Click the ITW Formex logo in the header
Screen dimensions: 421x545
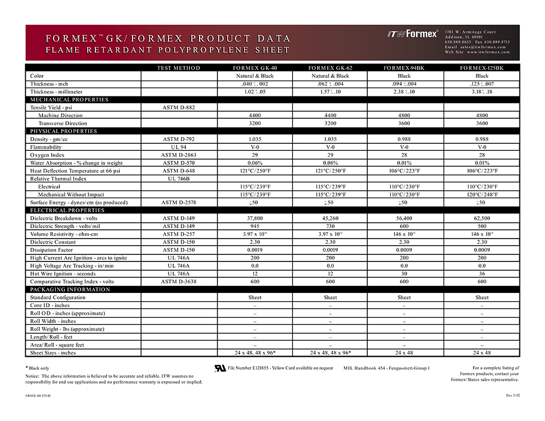point(413,34)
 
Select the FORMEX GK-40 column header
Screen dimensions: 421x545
point(255,68)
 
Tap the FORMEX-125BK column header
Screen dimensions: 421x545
point(482,68)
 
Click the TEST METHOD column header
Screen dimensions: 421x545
point(178,68)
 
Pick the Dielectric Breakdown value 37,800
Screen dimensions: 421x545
point(255,218)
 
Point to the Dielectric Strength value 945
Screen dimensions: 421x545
point(255,226)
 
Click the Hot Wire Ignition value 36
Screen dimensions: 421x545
point(482,274)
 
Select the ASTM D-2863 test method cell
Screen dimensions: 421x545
point(178,155)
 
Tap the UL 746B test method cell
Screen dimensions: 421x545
point(178,179)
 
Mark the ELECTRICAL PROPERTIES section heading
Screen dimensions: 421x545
point(63,210)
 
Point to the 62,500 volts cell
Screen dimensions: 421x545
point(482,218)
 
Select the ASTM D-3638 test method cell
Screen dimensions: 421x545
point(178,282)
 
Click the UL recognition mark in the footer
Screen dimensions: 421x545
point(220,368)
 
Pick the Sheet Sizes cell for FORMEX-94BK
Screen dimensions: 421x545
point(404,353)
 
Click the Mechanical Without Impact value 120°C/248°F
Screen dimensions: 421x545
point(482,194)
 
